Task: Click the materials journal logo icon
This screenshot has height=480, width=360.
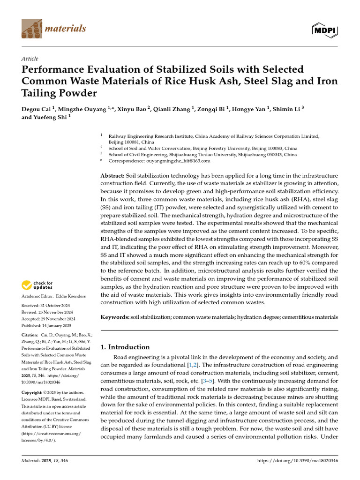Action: click(x=31, y=29)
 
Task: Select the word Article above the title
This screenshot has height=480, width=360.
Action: click(x=30, y=59)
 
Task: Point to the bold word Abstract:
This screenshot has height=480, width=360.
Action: click(x=112, y=175)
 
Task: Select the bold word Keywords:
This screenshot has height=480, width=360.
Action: click(x=115, y=317)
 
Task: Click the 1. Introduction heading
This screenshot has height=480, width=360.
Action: click(x=125, y=347)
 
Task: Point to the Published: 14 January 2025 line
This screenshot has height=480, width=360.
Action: click(x=46, y=325)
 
